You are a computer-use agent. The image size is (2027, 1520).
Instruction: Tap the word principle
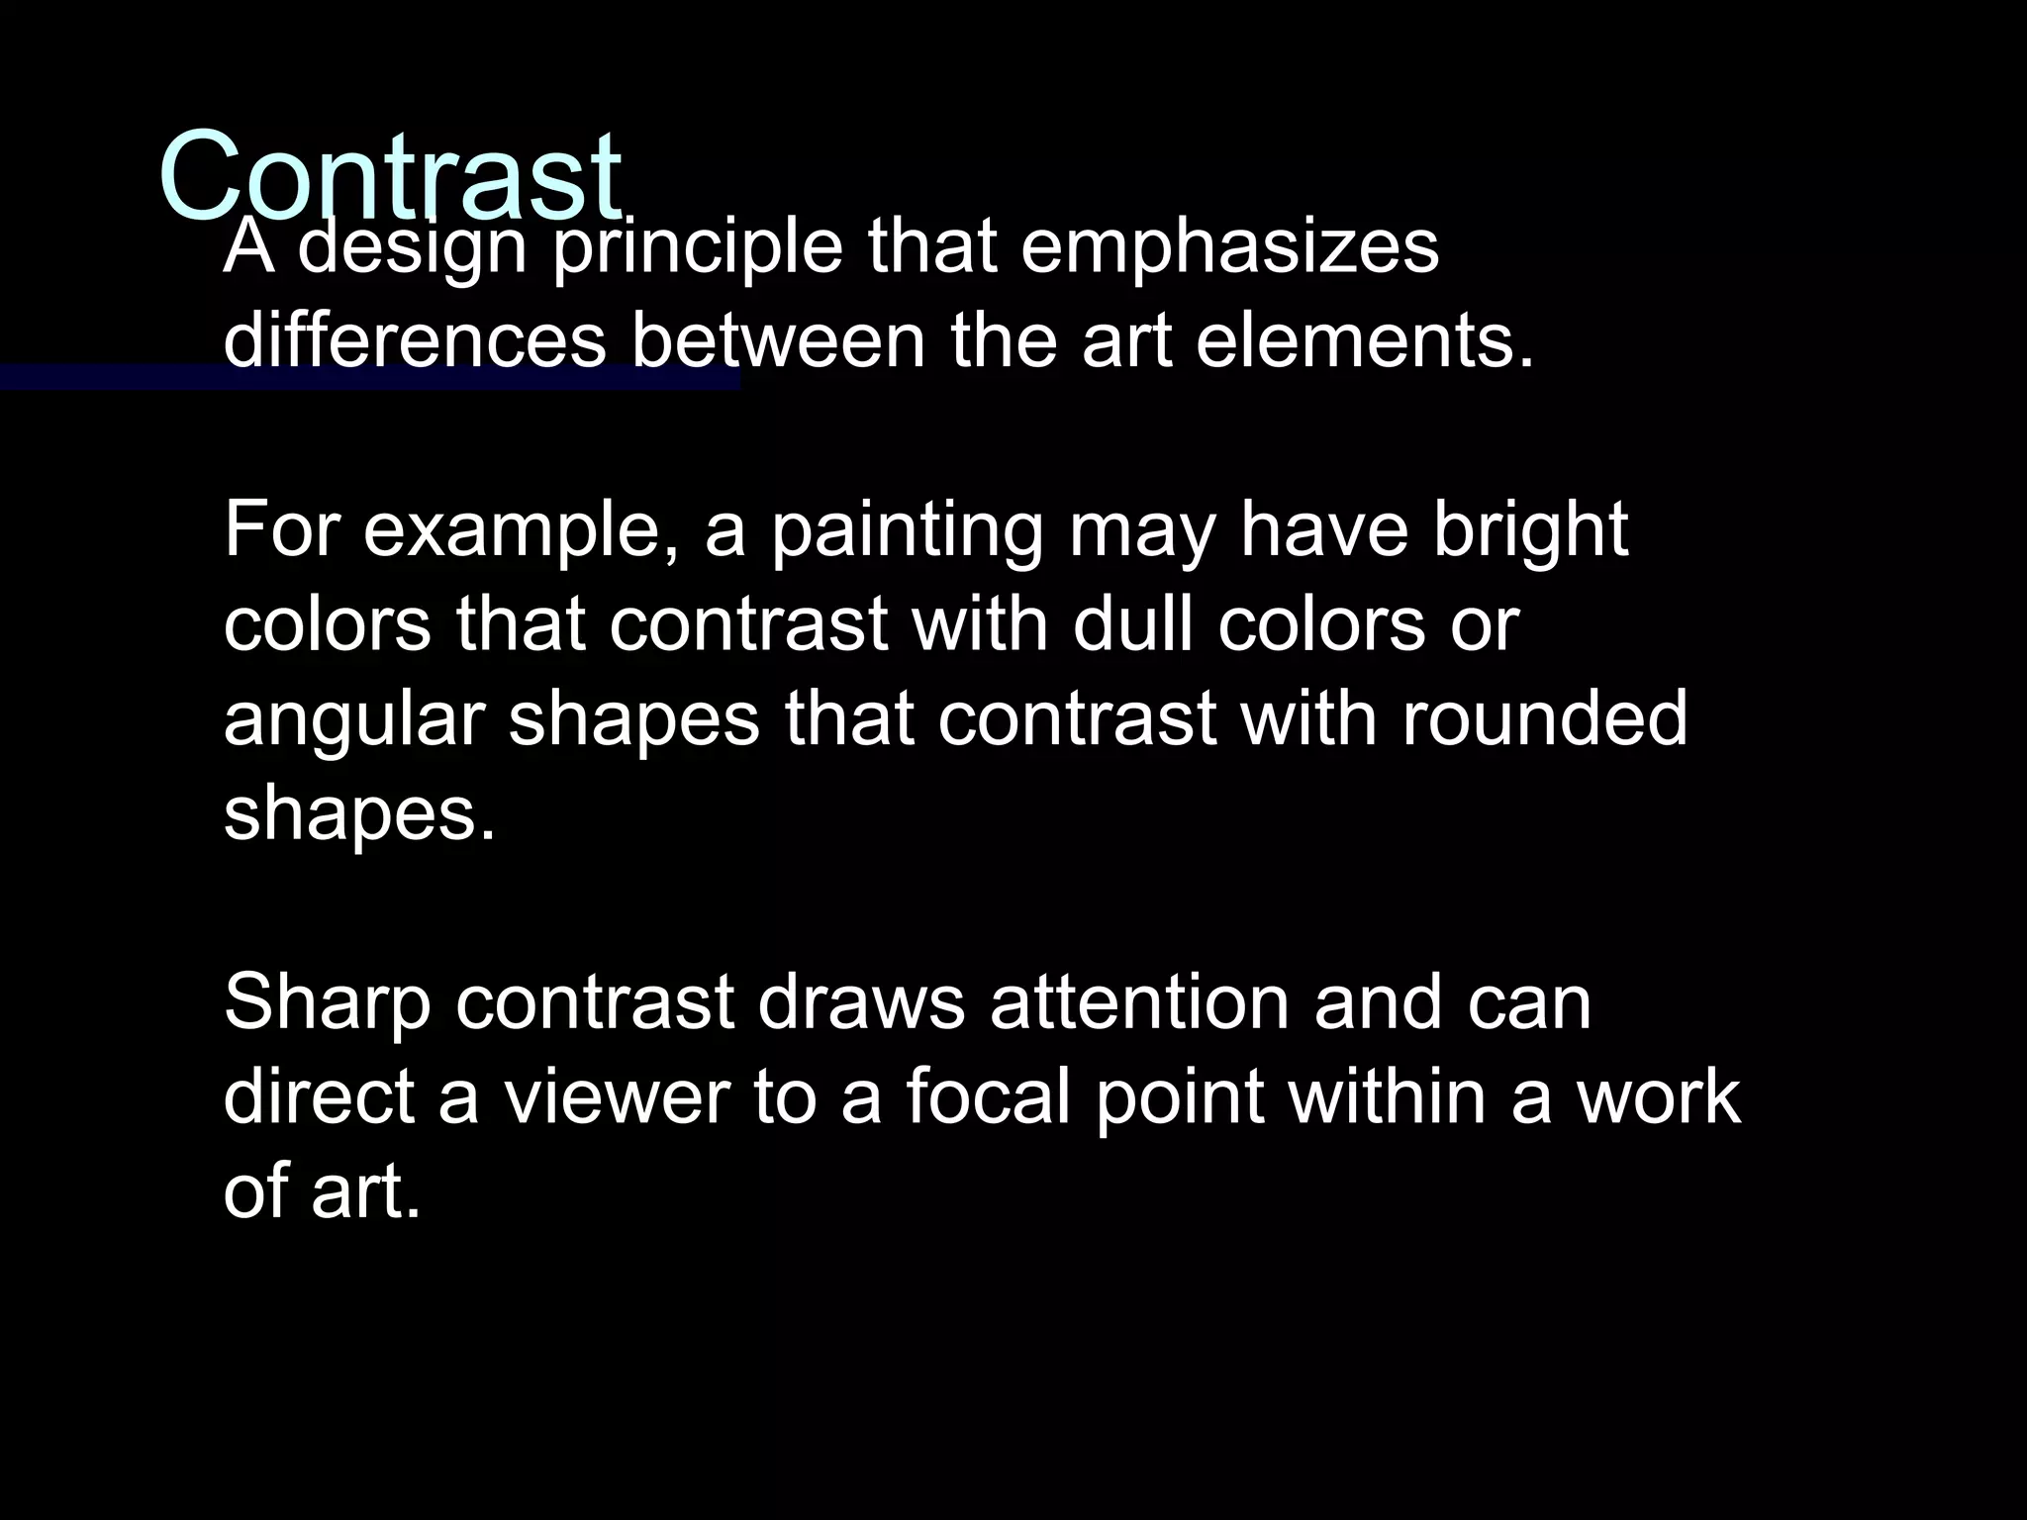[697, 249]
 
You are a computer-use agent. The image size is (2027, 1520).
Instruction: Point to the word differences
[414, 339]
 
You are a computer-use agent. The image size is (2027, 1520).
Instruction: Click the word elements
[1365, 339]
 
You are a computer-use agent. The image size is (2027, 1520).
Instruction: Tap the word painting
[907, 532]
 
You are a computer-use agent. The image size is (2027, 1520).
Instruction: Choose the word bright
[1530, 530]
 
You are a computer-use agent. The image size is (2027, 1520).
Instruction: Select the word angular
[353, 720]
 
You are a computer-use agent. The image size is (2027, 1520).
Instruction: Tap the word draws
[860, 1001]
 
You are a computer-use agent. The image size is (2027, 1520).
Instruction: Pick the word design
[412, 249]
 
